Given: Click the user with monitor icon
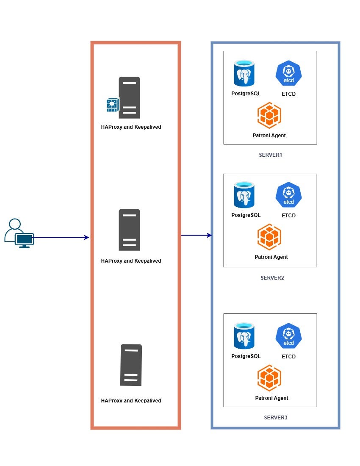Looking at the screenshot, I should click(x=19, y=233).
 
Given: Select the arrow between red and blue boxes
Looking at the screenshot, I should click(x=196, y=235).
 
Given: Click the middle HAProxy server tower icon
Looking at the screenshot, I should click(x=129, y=230).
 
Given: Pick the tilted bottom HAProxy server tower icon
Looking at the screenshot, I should click(x=131, y=365).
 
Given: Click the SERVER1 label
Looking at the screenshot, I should click(x=270, y=155).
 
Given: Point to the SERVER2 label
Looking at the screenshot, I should click(x=272, y=278).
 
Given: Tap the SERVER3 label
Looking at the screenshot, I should click(x=275, y=418).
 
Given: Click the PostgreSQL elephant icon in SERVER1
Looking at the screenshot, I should click(x=244, y=73).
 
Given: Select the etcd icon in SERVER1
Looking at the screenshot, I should click(x=288, y=73).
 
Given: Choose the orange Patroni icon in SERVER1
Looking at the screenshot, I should click(x=269, y=115).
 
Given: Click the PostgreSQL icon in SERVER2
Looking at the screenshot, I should click(x=244, y=195).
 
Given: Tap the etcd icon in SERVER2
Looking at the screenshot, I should click(x=288, y=195).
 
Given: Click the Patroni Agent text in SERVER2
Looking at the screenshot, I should click(x=271, y=257).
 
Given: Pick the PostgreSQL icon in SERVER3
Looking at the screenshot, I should click(x=244, y=336).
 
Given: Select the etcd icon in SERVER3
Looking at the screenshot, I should click(x=288, y=336).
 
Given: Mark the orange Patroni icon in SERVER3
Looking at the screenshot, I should click(x=269, y=378).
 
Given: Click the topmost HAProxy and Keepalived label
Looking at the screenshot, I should click(x=131, y=127).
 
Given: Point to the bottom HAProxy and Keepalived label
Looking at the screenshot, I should click(x=131, y=401).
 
